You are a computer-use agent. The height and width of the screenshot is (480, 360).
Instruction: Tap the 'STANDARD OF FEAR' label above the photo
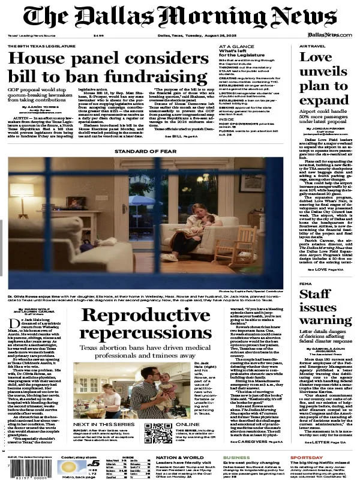click(x=144, y=152)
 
